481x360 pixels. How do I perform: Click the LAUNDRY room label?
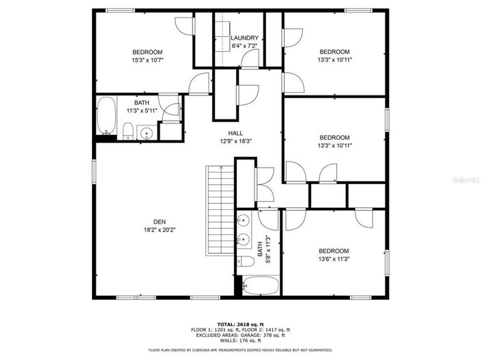244,38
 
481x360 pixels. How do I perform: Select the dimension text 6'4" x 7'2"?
244,46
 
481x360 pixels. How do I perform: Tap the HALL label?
236,134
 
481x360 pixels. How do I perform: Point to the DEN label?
159,222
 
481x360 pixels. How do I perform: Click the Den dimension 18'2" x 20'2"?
159,230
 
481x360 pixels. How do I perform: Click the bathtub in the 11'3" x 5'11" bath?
106,116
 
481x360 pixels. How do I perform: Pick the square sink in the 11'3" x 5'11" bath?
145,132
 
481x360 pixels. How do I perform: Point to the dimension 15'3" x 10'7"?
147,60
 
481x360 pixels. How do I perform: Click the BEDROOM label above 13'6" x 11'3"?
334,251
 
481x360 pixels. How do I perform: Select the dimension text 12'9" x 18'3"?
236,142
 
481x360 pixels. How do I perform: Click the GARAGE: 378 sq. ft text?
263,334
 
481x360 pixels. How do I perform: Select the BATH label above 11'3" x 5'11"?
142,102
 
